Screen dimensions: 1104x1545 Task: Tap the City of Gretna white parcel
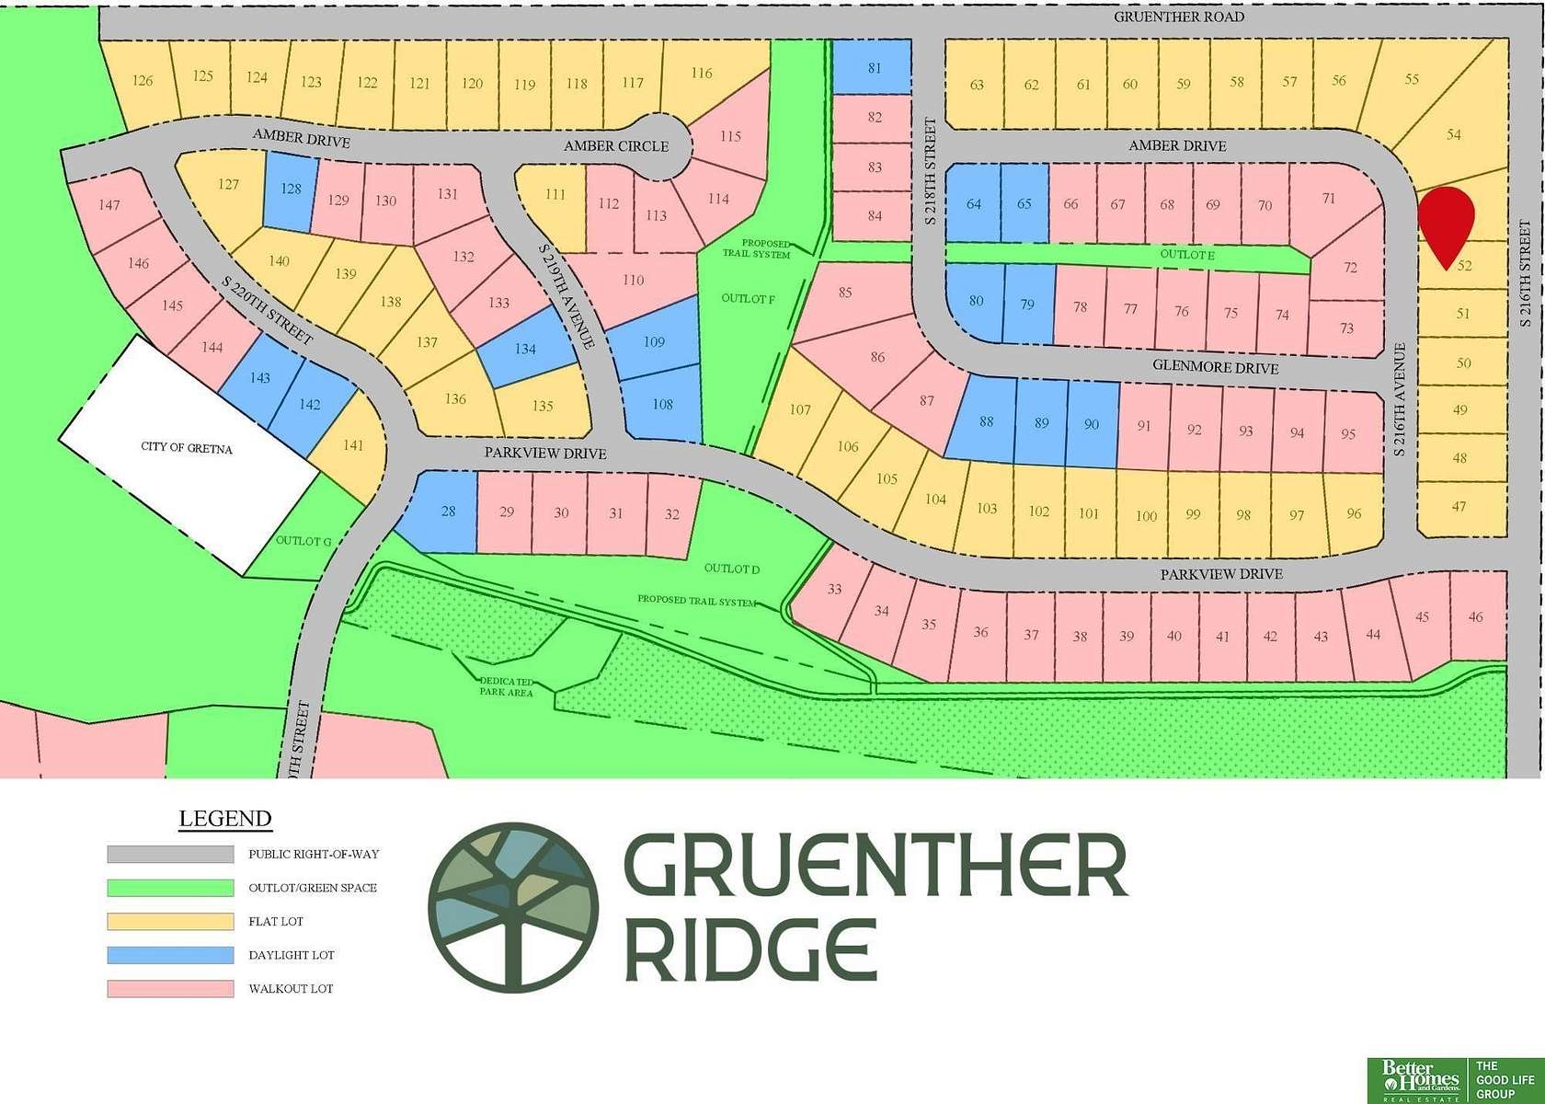pos(187,449)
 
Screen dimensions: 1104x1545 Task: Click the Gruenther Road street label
pos(1179,17)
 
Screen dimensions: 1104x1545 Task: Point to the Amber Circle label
pos(616,146)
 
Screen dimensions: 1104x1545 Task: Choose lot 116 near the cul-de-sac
pos(702,73)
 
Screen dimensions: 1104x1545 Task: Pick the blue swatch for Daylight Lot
pos(170,955)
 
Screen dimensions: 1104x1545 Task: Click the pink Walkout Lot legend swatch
pos(170,989)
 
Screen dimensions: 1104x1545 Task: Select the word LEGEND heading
pos(225,819)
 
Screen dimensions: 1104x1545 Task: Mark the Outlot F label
pos(748,299)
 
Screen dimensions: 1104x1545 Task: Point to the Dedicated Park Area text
pos(506,686)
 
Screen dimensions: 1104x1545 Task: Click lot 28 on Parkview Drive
pos(448,511)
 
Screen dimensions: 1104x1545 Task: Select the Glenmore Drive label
pos(1216,367)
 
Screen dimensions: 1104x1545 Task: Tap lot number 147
pos(109,204)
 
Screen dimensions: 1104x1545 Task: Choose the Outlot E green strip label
pos(1187,255)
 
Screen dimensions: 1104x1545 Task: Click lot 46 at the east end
pos(1476,617)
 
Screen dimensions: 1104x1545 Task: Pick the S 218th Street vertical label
pos(930,171)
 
